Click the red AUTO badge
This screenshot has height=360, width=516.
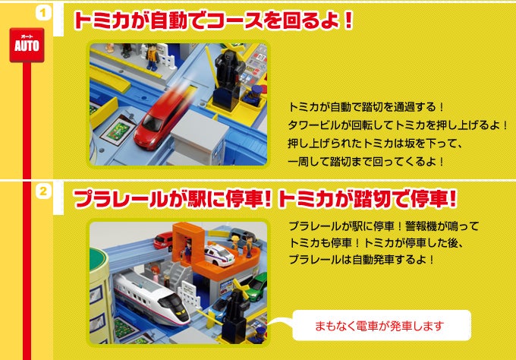click(27, 45)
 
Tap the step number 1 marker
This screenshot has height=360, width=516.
click(43, 13)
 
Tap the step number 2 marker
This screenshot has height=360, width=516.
click(43, 191)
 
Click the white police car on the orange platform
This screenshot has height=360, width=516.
click(219, 254)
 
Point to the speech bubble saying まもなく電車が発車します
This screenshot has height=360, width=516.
click(381, 325)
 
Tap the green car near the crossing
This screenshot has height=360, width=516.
click(258, 285)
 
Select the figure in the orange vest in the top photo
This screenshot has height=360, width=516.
click(153, 57)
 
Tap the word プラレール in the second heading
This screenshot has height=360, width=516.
click(119, 199)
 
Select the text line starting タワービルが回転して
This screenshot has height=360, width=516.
click(398, 125)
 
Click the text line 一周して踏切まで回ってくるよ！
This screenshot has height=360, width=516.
click(366, 162)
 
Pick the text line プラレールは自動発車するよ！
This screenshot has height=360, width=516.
click(362, 260)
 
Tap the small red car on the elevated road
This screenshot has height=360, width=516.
click(164, 241)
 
